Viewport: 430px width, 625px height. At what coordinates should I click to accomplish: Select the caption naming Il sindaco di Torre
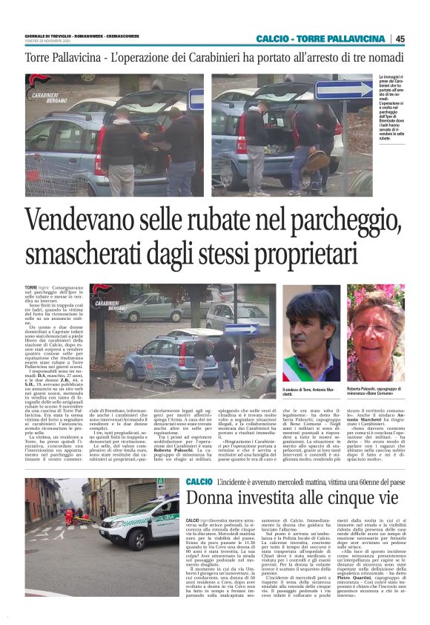(320, 391)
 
